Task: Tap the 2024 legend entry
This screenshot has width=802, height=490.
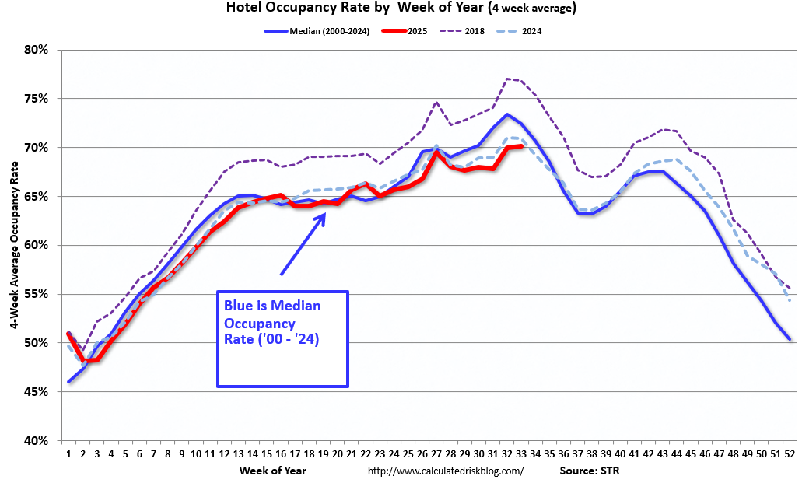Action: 530,31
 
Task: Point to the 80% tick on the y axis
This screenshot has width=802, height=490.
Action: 37,50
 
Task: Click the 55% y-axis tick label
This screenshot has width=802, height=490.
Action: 37,294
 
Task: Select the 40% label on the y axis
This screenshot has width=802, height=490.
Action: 37,440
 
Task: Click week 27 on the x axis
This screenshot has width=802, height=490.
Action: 436,453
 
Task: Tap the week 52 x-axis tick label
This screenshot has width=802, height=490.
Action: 790,453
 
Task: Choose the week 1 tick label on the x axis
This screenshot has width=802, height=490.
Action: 68,453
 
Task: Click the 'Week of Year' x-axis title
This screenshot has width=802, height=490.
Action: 273,471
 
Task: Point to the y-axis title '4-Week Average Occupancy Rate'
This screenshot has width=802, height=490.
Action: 14,244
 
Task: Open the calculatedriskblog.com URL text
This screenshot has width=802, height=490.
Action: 445,471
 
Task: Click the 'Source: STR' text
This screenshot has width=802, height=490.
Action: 590,471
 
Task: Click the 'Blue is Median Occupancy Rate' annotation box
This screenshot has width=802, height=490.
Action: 282,339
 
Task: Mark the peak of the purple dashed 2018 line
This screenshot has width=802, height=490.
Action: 506,79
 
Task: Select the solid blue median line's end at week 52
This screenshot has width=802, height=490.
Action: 790,339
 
